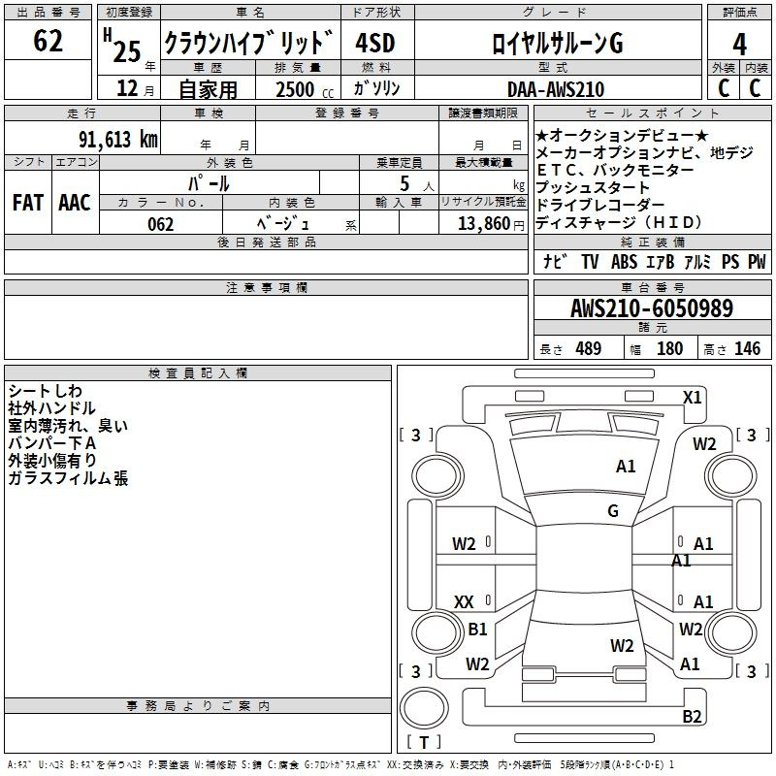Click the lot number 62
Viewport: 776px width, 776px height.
coord(48,41)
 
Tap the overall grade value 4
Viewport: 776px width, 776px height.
coord(739,45)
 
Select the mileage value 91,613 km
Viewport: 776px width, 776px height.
coord(118,140)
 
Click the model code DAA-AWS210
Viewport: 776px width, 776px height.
coord(556,89)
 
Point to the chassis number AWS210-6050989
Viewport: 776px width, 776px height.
coord(652,308)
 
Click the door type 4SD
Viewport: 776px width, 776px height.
coord(375,43)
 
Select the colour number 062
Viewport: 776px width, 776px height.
coord(161,224)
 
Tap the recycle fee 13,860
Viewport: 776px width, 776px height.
coord(484,224)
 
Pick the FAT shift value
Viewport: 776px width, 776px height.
coord(28,203)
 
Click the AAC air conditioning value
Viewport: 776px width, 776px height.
coord(75,203)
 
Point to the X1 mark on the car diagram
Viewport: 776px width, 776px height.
coord(692,398)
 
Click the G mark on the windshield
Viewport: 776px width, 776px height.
coord(613,511)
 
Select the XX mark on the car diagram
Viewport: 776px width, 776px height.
coord(464,601)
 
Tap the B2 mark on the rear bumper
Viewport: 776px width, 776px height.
coord(692,716)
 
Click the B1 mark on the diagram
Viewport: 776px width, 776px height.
coord(477,629)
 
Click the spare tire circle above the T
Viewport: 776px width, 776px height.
coord(424,708)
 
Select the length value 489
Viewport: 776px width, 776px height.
coord(589,349)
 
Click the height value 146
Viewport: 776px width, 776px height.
coord(747,349)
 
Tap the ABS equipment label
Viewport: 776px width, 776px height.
coord(624,262)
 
